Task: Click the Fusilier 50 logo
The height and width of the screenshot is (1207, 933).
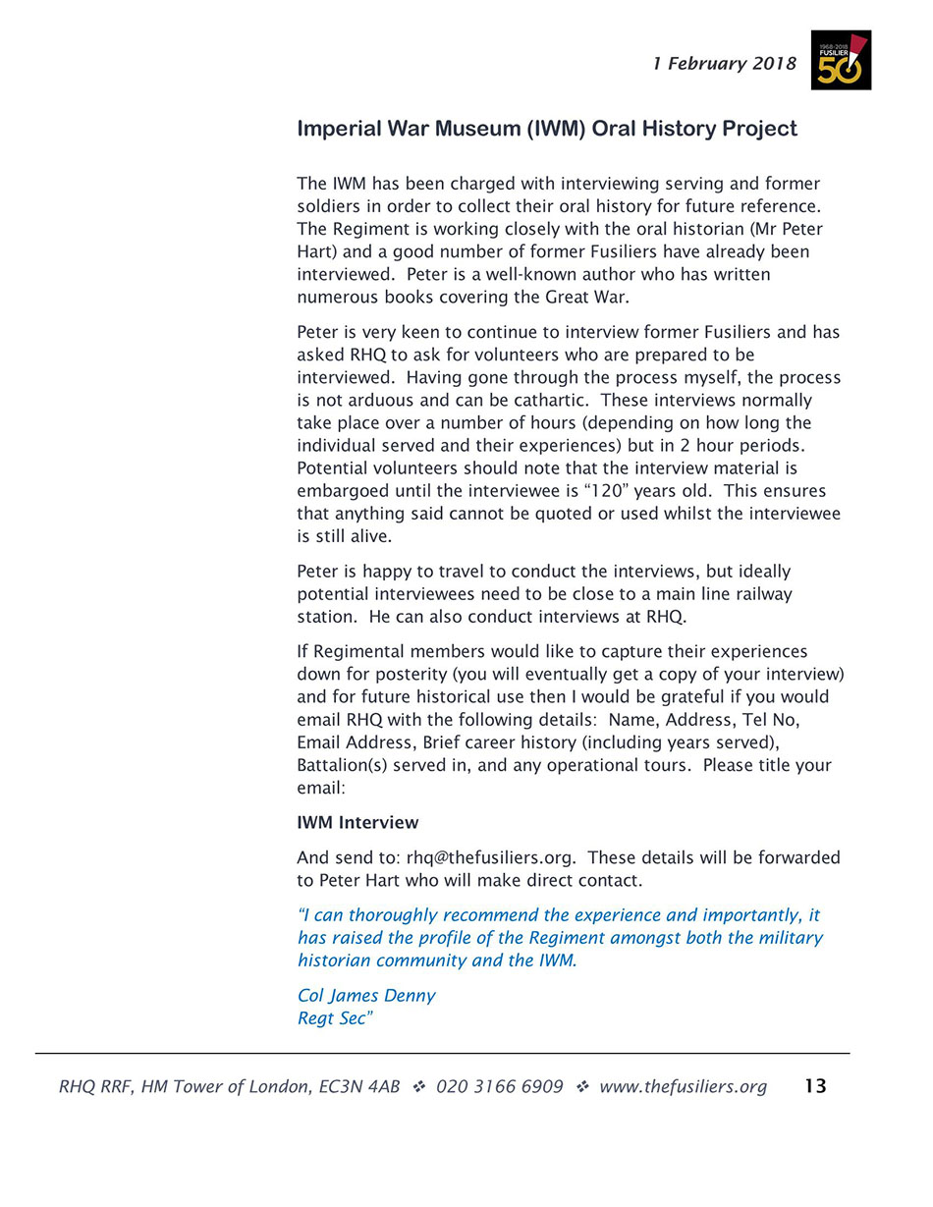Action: (x=841, y=60)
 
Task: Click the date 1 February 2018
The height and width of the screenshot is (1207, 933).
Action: (x=725, y=64)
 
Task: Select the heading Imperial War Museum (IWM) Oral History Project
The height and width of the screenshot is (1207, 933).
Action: (x=547, y=129)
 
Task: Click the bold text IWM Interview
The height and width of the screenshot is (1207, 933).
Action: (x=357, y=823)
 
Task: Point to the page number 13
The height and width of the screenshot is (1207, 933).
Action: (x=815, y=1086)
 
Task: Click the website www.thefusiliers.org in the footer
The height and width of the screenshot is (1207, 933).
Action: (x=683, y=1086)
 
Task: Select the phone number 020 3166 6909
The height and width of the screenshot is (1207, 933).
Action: (x=500, y=1086)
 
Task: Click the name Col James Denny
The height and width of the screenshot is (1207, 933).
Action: (x=366, y=996)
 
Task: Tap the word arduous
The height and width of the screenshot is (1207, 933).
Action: (x=377, y=401)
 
